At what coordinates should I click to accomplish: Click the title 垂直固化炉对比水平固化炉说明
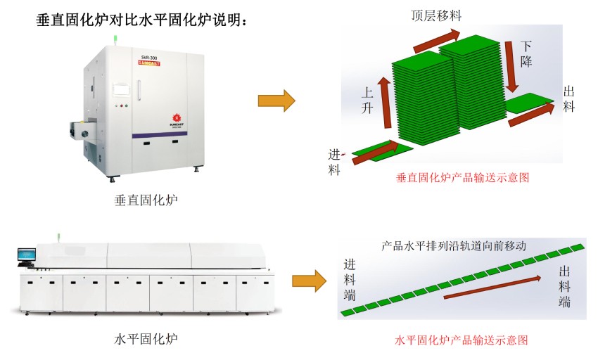(x=141, y=20)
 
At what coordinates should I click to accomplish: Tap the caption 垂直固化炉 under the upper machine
(x=146, y=200)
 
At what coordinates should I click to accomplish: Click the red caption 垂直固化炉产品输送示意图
(x=463, y=178)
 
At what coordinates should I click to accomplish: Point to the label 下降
(x=526, y=53)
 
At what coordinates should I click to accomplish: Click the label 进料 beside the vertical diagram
(x=335, y=161)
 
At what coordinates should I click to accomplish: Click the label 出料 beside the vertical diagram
(x=570, y=99)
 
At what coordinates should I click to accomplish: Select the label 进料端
(x=350, y=280)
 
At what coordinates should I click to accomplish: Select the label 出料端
(x=564, y=287)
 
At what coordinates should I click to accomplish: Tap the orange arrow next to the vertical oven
(x=276, y=101)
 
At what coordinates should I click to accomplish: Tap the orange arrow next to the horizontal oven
(x=310, y=281)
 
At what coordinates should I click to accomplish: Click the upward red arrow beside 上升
(x=384, y=103)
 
